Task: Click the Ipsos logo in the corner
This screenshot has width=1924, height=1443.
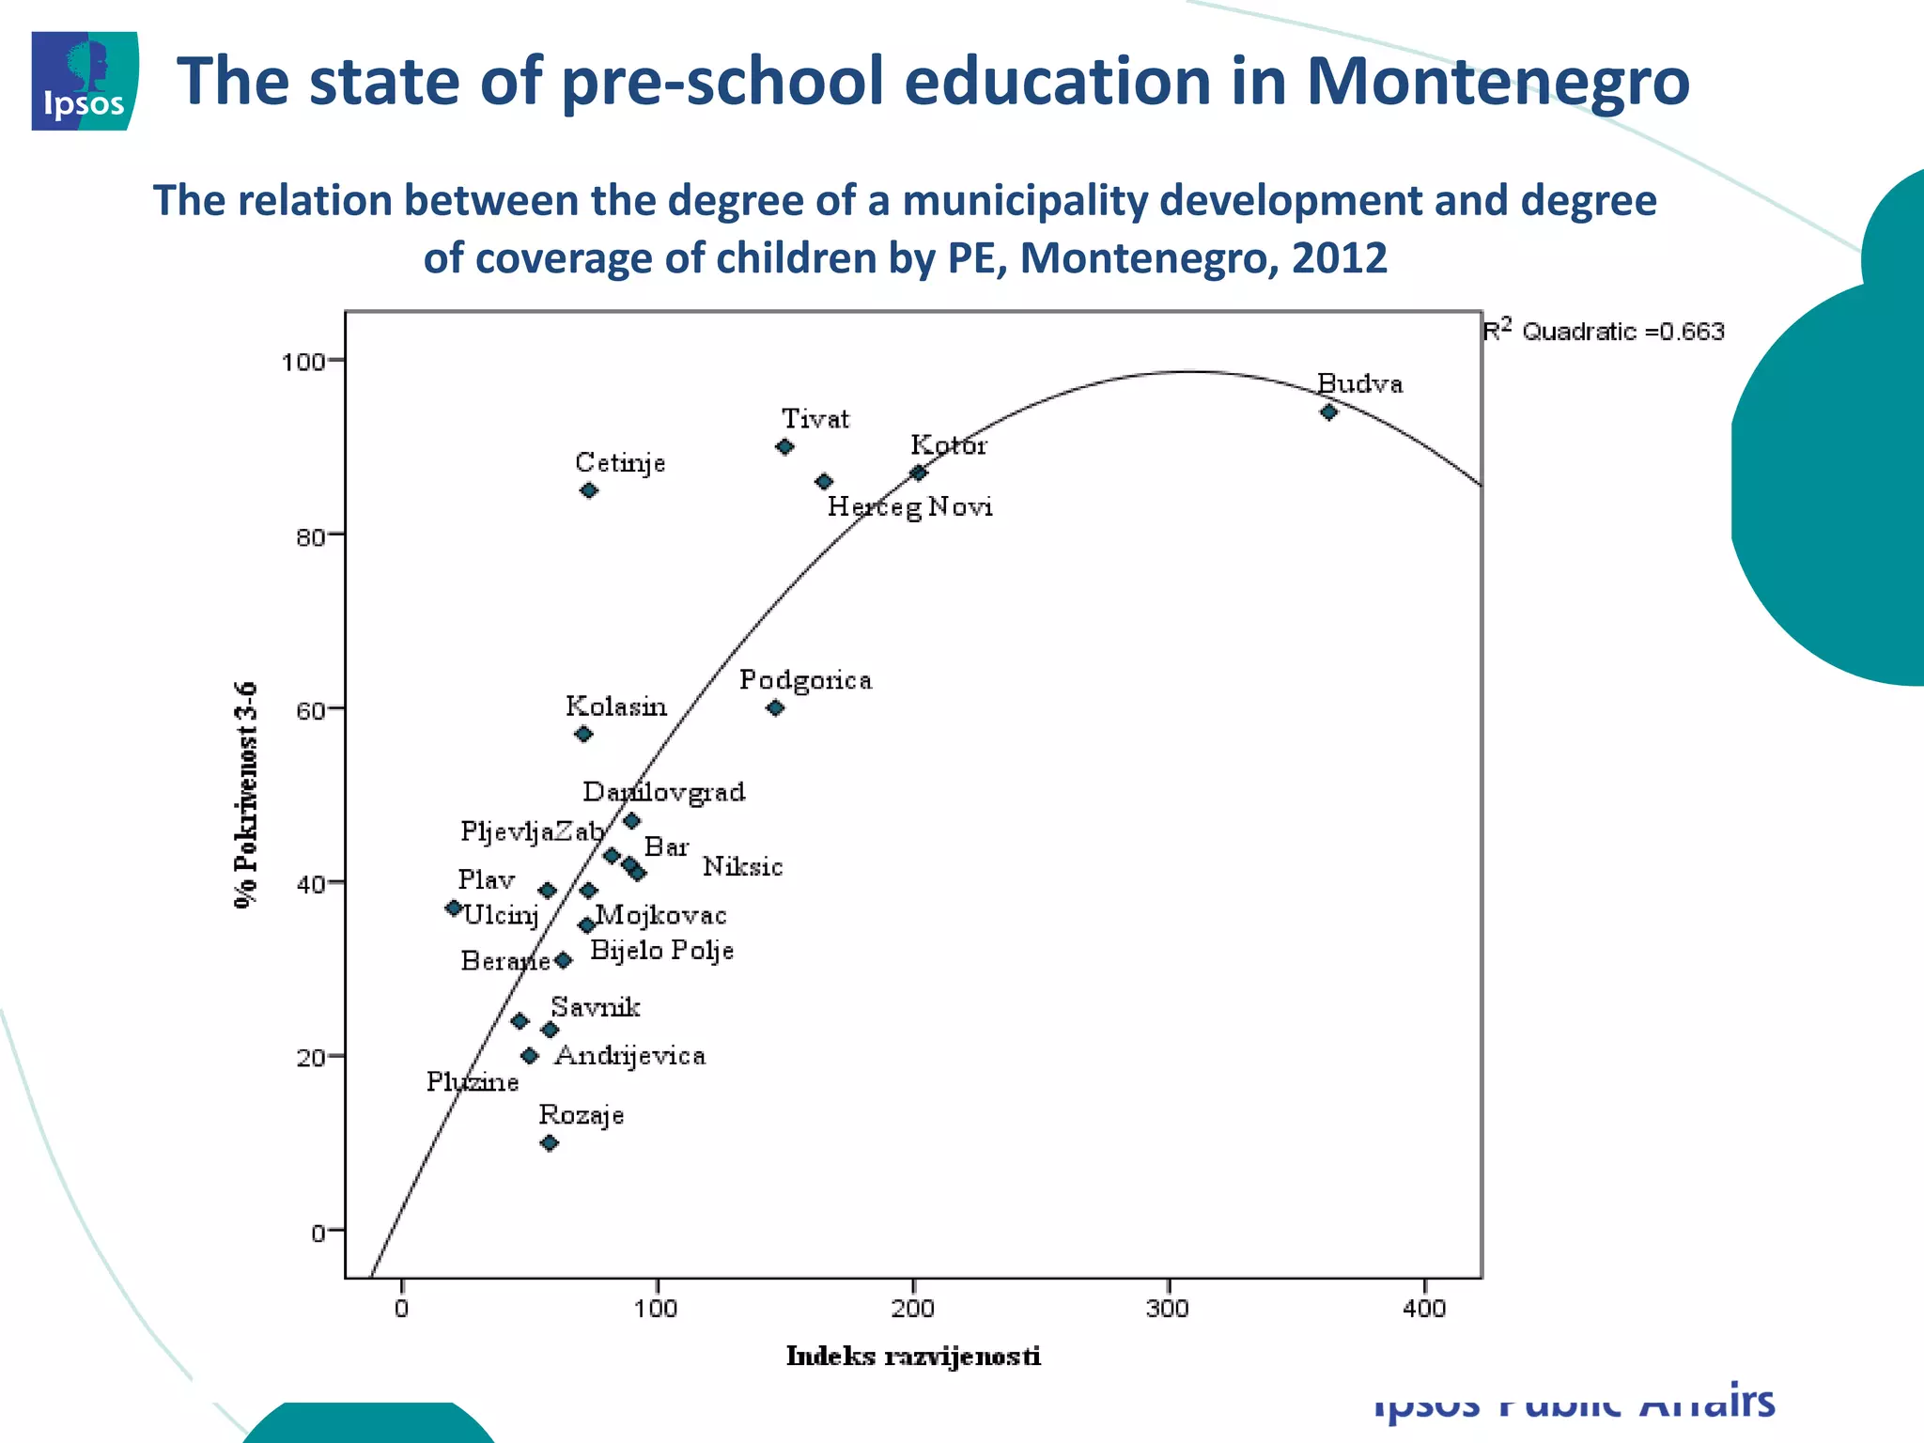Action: pyautogui.click(x=85, y=81)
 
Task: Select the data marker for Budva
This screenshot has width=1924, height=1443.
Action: pyautogui.click(x=1328, y=411)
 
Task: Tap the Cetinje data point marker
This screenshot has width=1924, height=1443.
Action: pyautogui.click(x=589, y=490)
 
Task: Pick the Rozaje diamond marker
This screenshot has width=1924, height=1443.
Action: pyautogui.click(x=550, y=1143)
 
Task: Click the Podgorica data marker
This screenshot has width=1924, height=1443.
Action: pyautogui.click(x=775, y=708)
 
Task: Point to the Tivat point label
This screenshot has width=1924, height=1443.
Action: pyautogui.click(x=815, y=419)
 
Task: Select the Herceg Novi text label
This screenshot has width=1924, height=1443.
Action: pyautogui.click(x=909, y=507)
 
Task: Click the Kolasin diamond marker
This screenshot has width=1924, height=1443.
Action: pyautogui.click(x=583, y=734)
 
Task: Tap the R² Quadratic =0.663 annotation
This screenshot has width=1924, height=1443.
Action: pyautogui.click(x=1603, y=331)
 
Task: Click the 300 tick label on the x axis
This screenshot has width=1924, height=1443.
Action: pyautogui.click(x=1168, y=1309)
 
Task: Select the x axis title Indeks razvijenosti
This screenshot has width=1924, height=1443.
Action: pyautogui.click(x=913, y=1356)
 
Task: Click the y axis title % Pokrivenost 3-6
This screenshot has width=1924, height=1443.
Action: pyautogui.click(x=245, y=795)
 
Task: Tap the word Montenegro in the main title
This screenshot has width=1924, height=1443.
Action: pyautogui.click(x=1497, y=81)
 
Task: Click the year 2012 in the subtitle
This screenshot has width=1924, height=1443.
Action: pyautogui.click(x=1339, y=257)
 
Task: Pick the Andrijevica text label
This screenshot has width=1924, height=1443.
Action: pyautogui.click(x=629, y=1056)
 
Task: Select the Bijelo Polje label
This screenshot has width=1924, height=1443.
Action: pyautogui.click(x=661, y=951)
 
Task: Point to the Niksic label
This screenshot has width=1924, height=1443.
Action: pyautogui.click(x=742, y=866)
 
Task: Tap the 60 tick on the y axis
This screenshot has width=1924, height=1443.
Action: pyautogui.click(x=310, y=710)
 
